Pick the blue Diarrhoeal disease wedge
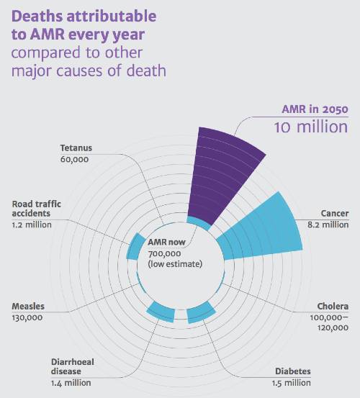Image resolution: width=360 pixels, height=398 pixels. tap(161, 312)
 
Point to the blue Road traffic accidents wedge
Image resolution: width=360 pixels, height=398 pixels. tap(135, 246)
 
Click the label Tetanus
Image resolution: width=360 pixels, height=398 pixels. tap(76, 148)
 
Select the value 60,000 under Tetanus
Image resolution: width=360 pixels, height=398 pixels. tap(74, 159)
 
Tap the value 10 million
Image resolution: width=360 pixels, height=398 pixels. tap(311, 127)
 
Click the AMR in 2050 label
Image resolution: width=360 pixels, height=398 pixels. tap(315, 109)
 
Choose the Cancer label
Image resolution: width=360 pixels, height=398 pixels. tap(335, 214)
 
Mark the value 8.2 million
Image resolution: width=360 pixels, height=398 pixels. tap(328, 225)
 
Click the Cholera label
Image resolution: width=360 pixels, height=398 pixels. tap(333, 307)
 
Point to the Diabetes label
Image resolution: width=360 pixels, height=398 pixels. tap(293, 371)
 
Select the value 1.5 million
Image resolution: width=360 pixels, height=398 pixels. tap(291, 383)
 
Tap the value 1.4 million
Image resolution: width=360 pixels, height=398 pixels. tap(71, 383)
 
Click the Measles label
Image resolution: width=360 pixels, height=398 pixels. tap(28, 307)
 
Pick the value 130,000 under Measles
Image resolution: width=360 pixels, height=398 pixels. tap(27, 318)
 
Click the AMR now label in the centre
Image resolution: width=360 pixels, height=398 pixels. tap(166, 242)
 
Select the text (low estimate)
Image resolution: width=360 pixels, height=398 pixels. tap(175, 264)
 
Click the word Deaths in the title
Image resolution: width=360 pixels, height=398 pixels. tap(37, 17)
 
